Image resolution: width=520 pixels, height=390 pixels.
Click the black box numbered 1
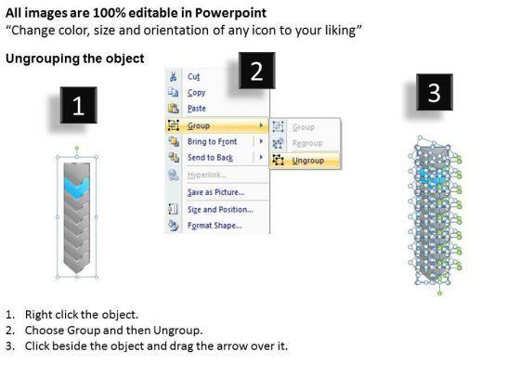[x=79, y=105]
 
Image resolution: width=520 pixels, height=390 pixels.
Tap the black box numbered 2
[x=257, y=71]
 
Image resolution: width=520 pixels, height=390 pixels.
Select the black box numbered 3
[x=435, y=92]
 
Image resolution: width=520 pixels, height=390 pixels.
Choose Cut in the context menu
[x=194, y=76]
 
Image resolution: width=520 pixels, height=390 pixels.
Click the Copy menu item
[x=196, y=93]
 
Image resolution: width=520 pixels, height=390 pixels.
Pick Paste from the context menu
[x=197, y=109]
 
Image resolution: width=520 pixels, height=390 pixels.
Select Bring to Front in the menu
[x=213, y=141]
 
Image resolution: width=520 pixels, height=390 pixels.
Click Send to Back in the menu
[x=210, y=158]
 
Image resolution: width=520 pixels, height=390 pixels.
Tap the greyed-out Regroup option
[x=307, y=143]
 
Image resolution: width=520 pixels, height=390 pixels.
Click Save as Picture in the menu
[x=215, y=192]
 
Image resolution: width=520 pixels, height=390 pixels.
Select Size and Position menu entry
[x=220, y=210]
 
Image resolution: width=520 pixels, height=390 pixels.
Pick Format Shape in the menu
[x=214, y=226]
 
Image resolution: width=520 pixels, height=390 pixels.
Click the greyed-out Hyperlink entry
[x=207, y=175]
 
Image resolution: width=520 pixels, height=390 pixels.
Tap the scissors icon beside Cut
[x=173, y=76]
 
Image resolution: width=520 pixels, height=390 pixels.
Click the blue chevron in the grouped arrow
[x=76, y=188]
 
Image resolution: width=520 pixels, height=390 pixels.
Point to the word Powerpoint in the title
[x=230, y=13]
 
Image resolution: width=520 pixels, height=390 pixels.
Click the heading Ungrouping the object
[x=75, y=58]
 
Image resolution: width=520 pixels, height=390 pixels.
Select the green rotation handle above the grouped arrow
[x=77, y=148]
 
